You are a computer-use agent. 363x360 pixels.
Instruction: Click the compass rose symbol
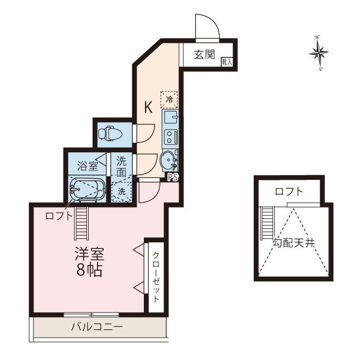tap(318, 53)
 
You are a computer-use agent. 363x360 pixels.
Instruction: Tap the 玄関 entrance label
tap(205, 55)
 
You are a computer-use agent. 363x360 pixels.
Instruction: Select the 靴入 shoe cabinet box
tap(227, 61)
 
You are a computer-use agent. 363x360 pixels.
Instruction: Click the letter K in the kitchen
tap(148, 107)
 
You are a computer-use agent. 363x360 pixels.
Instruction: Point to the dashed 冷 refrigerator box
tap(169, 99)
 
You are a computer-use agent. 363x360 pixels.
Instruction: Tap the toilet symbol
tap(110, 133)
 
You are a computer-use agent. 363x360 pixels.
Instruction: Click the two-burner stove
tap(171, 137)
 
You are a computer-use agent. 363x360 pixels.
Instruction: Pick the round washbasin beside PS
tap(168, 160)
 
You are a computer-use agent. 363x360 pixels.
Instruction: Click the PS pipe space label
tap(173, 177)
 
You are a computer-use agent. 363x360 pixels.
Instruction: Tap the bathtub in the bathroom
tap(88, 189)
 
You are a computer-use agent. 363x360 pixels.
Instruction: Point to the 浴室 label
tap(88, 166)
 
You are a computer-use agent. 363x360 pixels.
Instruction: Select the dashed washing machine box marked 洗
tap(122, 191)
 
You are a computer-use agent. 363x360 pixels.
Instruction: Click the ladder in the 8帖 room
tap(81, 223)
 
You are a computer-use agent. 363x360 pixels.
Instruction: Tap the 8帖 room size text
tap(89, 270)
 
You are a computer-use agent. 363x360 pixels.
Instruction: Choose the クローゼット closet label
tap(156, 277)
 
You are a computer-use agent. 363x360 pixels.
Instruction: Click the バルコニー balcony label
tap(97, 327)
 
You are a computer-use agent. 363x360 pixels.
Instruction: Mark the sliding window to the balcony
tap(91, 315)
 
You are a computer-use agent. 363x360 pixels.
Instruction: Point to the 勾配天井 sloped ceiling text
tap(293, 243)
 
